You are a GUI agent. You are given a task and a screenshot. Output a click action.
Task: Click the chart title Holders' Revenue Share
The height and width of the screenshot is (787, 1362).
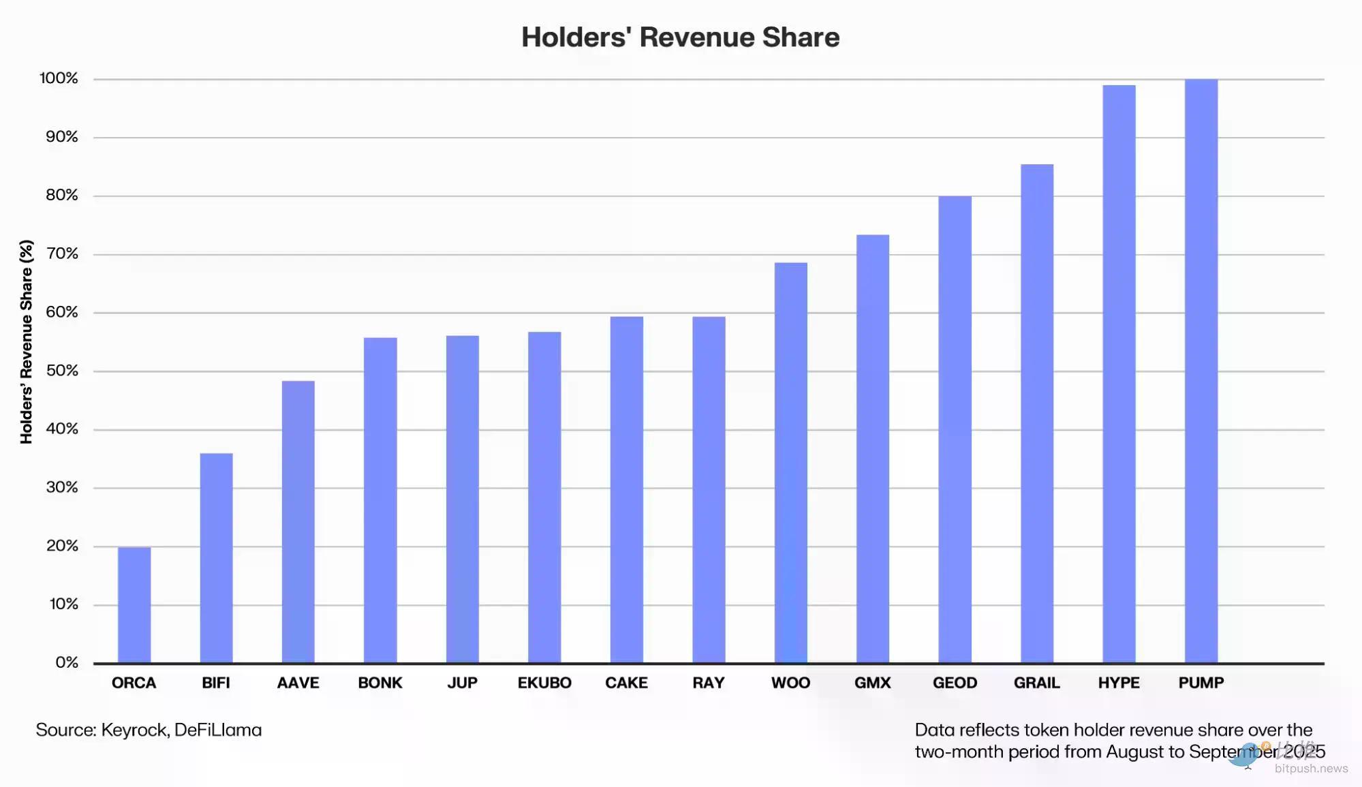click(x=680, y=37)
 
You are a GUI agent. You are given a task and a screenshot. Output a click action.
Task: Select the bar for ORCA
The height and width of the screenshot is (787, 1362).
click(x=134, y=604)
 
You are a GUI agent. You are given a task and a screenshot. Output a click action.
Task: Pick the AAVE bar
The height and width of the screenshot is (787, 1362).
click(x=298, y=521)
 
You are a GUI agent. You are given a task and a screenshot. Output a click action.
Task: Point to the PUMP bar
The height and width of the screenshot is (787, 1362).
click(x=1201, y=371)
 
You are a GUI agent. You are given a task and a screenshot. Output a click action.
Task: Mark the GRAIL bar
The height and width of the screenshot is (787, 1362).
click(x=1036, y=413)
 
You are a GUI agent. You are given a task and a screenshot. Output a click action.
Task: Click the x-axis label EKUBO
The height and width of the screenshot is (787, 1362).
click(x=544, y=683)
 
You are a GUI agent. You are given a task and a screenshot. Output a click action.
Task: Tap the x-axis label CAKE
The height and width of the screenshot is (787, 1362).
click(x=626, y=683)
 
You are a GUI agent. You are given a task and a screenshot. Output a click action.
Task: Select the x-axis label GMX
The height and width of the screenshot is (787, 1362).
click(x=872, y=683)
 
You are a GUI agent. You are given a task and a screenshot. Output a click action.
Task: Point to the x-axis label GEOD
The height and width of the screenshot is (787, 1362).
click(x=955, y=683)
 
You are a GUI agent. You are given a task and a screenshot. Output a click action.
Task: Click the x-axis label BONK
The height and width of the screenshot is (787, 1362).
click(x=380, y=683)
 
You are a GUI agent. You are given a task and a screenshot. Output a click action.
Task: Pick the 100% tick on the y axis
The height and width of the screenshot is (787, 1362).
click(x=59, y=78)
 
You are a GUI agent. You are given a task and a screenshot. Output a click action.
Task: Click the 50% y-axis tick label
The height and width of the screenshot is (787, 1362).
click(x=62, y=371)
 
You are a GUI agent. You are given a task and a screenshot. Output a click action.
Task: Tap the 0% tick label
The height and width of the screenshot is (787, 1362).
click(x=67, y=662)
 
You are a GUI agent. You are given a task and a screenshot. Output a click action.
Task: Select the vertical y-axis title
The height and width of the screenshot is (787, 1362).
click(x=27, y=341)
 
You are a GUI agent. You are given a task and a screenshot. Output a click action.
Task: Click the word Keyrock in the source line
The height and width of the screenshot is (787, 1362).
click(x=134, y=730)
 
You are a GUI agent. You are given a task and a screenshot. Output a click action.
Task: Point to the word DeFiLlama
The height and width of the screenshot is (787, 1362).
click(x=218, y=730)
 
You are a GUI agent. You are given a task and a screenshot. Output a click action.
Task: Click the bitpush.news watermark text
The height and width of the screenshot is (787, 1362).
click(x=1311, y=769)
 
